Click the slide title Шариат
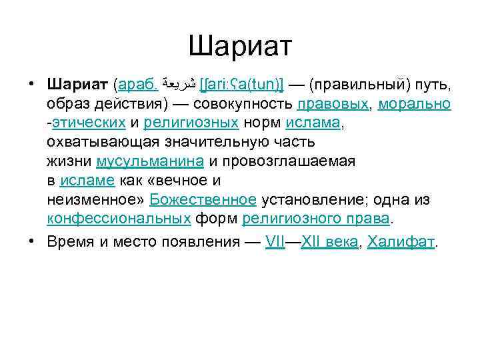click(240, 47)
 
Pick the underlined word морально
click(415, 105)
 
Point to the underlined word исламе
click(87, 181)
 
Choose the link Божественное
click(203, 200)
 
